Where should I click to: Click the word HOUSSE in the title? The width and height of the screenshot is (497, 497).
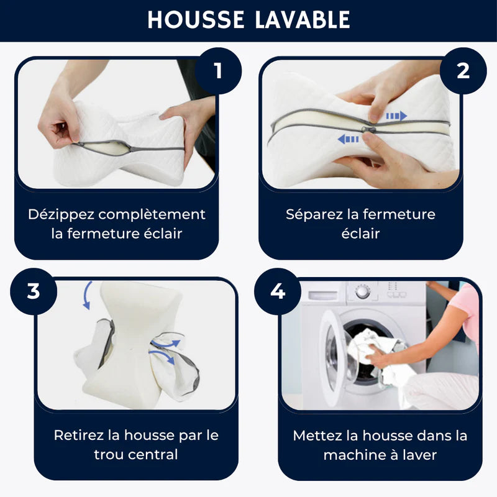click(196, 20)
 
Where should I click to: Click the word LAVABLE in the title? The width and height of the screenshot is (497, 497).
click(303, 20)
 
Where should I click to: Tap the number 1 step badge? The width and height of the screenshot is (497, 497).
click(218, 71)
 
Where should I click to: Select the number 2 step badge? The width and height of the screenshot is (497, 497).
click(463, 71)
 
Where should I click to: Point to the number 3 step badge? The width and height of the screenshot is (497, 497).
click(34, 291)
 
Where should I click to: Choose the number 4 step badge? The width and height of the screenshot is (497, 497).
click(278, 291)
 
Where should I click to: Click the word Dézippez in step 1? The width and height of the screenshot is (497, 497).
click(61, 214)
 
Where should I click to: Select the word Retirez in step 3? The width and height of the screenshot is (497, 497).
click(79, 435)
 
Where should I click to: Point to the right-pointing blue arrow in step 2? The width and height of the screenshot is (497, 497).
click(396, 116)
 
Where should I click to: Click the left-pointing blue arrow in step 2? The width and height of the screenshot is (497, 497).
click(348, 139)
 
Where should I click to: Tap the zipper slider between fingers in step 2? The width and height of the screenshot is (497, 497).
click(368, 129)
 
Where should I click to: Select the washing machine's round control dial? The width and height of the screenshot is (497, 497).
click(362, 291)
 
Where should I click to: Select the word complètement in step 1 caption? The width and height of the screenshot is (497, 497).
click(152, 214)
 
